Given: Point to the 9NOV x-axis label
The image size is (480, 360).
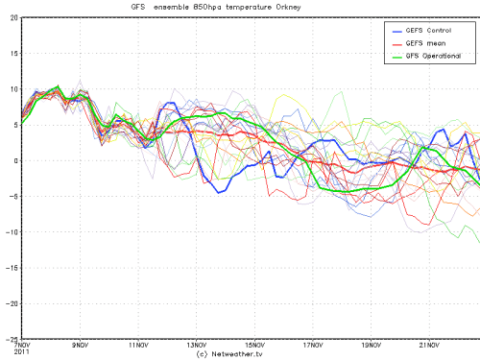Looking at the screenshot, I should tap(81, 343).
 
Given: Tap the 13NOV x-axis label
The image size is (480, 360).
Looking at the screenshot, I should tap(198, 343).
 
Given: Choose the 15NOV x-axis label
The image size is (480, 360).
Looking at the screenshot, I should tap(256, 343).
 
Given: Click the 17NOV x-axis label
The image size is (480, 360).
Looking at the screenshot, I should tap(315, 343).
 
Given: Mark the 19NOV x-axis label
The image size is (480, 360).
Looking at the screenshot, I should tap(373, 343).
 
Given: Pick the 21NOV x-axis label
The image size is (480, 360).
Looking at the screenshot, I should tap(432, 343).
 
